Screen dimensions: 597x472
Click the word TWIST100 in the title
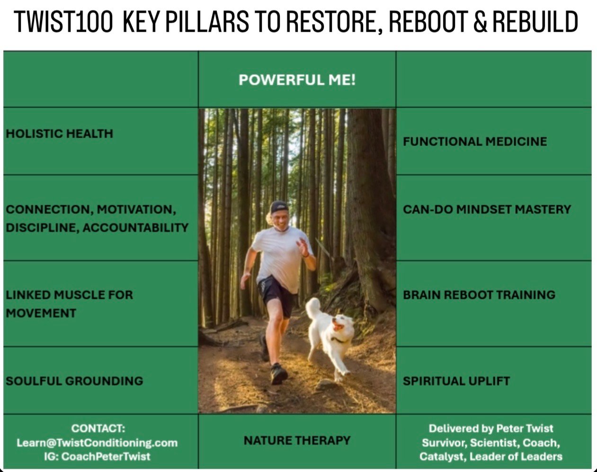[x=63, y=22]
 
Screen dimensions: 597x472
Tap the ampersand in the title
[x=480, y=22]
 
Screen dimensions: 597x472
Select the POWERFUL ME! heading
[x=297, y=80]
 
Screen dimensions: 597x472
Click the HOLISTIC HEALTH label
[x=59, y=134]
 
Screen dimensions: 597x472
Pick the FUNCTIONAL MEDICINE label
[x=475, y=142]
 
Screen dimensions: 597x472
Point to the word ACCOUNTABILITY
[x=135, y=228]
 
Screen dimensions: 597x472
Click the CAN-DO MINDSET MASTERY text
[x=487, y=210]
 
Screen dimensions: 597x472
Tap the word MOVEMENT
[x=41, y=313]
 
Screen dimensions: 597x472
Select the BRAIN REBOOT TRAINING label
[x=479, y=295]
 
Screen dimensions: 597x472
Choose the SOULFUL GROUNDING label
[x=74, y=381]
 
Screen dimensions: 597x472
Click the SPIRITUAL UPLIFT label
[x=456, y=381]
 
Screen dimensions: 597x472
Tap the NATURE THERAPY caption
[x=297, y=440]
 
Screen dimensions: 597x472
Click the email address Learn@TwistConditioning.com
[x=97, y=443]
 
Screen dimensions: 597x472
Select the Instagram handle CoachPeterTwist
[x=106, y=456]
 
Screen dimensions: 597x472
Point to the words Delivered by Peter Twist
[x=491, y=428]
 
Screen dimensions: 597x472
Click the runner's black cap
[x=279, y=207]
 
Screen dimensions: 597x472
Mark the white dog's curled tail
[x=313, y=307]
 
